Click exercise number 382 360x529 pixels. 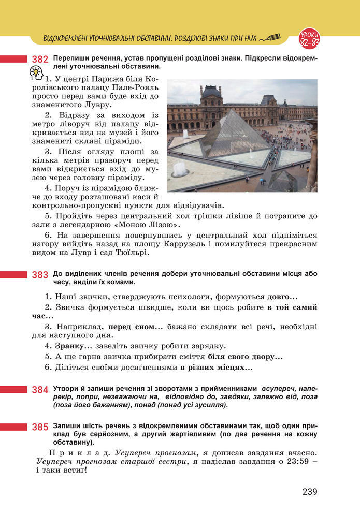tap(40, 60)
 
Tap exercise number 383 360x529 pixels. tap(40, 275)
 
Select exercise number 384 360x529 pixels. tap(40, 390)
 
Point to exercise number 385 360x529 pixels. tap(40, 427)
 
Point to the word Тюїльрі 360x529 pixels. tap(129, 253)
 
